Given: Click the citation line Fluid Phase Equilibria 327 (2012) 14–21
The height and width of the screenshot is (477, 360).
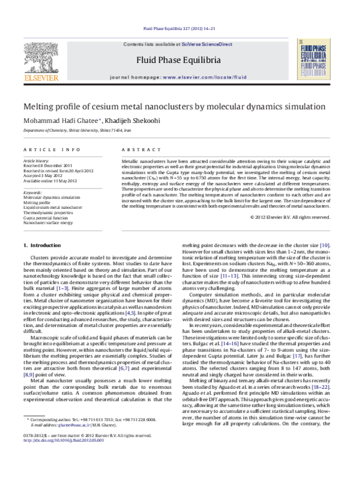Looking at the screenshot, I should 180,28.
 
